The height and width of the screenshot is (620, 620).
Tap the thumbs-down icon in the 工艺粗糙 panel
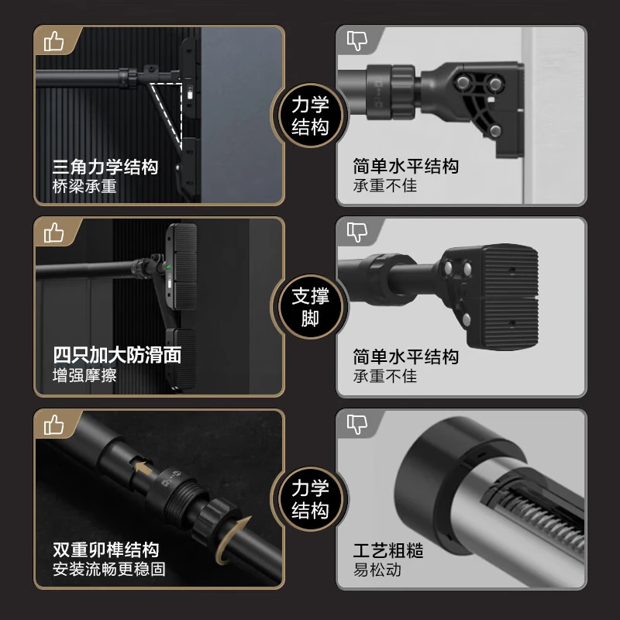[x=356, y=424]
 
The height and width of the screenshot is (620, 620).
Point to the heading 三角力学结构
[x=105, y=167]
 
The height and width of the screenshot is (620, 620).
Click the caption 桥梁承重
[x=84, y=187]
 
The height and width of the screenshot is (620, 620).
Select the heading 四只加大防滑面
[x=116, y=356]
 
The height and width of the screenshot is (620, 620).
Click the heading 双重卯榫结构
[x=105, y=549]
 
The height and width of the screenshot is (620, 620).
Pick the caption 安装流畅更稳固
[x=108, y=570]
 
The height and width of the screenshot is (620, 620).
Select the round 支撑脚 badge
[x=310, y=308]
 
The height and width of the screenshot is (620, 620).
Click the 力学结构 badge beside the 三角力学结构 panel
[x=310, y=116]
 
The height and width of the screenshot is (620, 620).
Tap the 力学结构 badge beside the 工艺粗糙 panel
[x=310, y=500]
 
